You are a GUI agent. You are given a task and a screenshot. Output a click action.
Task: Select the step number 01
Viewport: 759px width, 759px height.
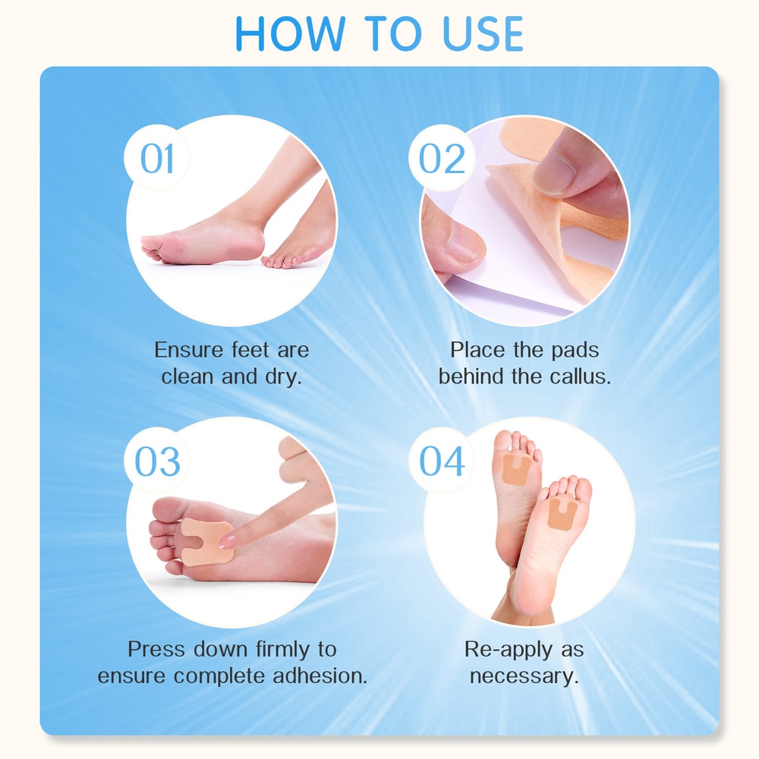click(157, 159)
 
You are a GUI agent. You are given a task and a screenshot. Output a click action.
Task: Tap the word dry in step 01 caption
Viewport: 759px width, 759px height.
click(285, 376)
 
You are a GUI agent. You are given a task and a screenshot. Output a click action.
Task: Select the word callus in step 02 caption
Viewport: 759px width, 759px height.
click(579, 376)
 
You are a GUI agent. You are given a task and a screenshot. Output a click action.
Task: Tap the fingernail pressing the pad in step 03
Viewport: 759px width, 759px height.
click(227, 540)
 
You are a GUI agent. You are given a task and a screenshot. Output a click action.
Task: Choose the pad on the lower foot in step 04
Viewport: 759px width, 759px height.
click(562, 514)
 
